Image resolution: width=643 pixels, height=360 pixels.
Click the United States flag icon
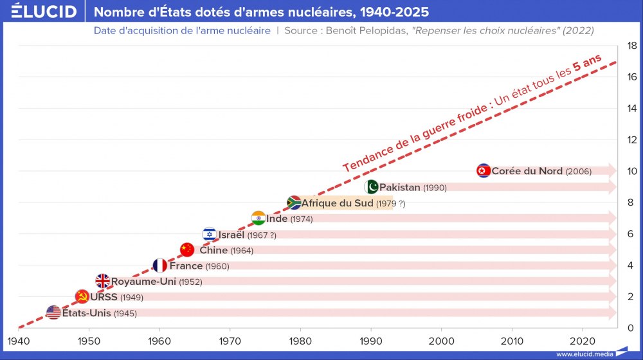pyautogui.click(x=53, y=313)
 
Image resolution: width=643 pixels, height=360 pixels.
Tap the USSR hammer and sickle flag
pyautogui.click(x=82, y=297)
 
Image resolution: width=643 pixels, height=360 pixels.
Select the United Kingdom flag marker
pyautogui.click(x=103, y=281)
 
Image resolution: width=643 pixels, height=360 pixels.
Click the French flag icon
pyautogui.click(x=159, y=265)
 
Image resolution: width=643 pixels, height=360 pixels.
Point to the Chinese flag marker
pyautogui.click(x=187, y=250)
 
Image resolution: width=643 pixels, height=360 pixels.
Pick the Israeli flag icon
pyautogui.click(x=209, y=235)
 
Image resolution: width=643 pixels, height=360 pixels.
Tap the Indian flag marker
pyautogui.click(x=258, y=219)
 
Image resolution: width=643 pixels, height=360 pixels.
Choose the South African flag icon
pyautogui.click(x=294, y=203)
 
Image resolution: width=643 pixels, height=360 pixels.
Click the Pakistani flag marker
pyautogui.click(x=371, y=187)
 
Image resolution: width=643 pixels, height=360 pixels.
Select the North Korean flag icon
pyautogui.click(x=484, y=171)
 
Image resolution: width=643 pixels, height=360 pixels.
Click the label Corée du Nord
pyautogui.click(x=527, y=171)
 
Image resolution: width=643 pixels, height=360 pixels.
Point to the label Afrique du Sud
pyautogui.click(x=337, y=203)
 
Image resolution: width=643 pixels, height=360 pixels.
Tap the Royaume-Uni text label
pyautogui.click(x=143, y=281)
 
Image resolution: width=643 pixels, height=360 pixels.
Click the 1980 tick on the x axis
pyautogui.click(x=300, y=340)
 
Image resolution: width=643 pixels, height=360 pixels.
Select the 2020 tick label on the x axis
pyautogui.click(x=582, y=340)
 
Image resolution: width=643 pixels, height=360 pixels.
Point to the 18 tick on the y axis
pyautogui.click(x=632, y=46)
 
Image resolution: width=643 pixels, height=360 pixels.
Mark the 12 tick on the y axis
pyautogui.click(x=632, y=140)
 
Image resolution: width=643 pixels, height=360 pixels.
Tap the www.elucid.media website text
pyautogui.click(x=584, y=354)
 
